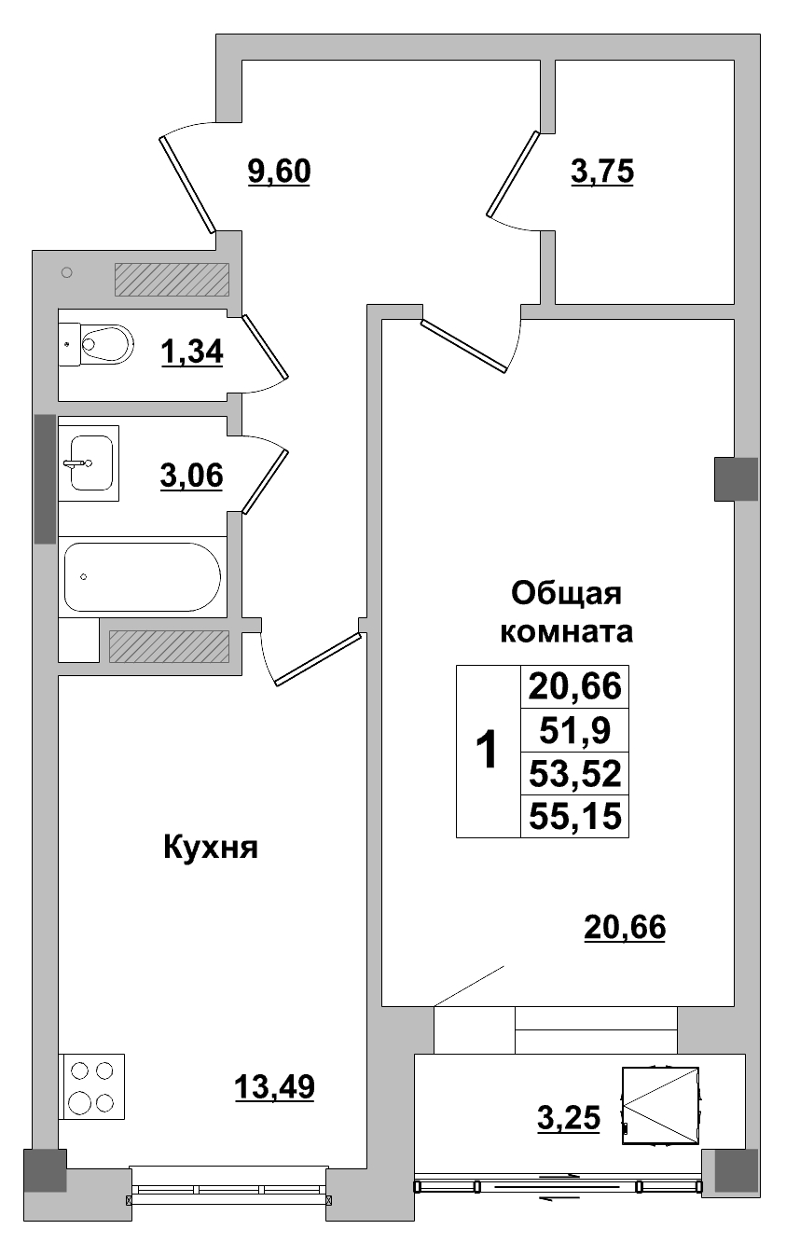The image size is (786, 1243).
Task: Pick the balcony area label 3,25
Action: pos(569,1114)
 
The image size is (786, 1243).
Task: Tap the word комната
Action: pos(567,631)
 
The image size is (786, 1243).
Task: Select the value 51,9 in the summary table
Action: pos(570,731)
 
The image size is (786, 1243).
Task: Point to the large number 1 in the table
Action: pos(487,751)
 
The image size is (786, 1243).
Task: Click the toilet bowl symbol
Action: pos(103,344)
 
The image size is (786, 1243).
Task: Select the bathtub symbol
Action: pos(142,577)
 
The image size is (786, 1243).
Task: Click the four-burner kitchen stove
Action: pos(92,1086)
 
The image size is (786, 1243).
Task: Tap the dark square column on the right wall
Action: pos(736,478)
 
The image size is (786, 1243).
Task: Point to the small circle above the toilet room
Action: pos(66,272)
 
